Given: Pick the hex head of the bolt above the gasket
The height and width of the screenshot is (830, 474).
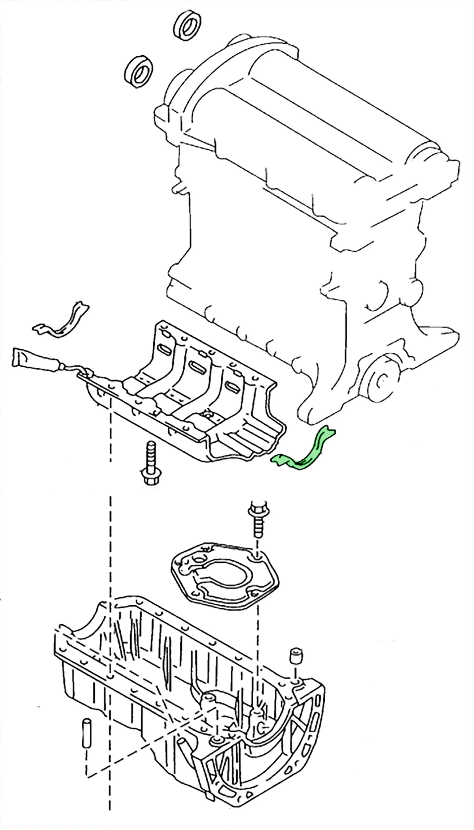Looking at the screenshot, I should coord(257,510).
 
